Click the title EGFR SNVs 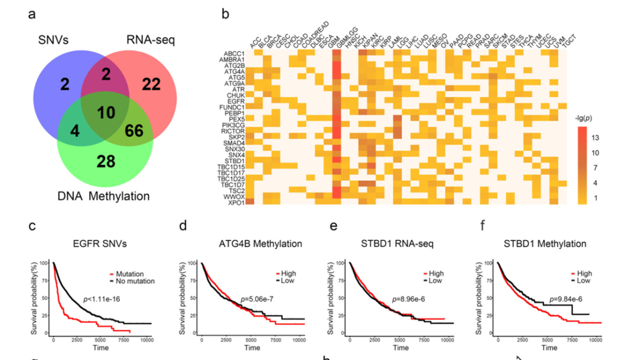[x=100, y=244]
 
